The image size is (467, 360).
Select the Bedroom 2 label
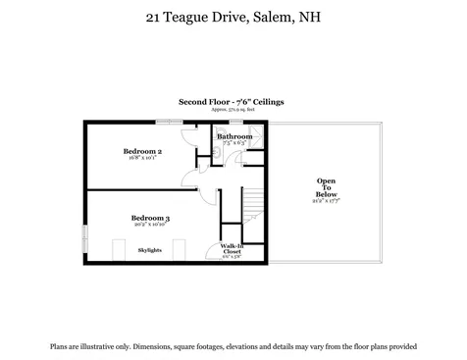click(142, 151)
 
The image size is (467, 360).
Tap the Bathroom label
click(234, 136)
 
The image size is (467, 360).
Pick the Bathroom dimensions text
click(234, 143)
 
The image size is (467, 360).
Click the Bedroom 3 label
click(151, 217)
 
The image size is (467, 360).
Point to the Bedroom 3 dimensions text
click(151, 225)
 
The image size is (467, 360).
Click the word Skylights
click(150, 251)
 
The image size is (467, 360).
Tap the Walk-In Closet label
click(232, 249)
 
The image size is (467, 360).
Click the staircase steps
click(253, 205)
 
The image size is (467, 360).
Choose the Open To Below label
click(326, 187)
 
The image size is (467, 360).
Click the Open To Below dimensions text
click(326, 203)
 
